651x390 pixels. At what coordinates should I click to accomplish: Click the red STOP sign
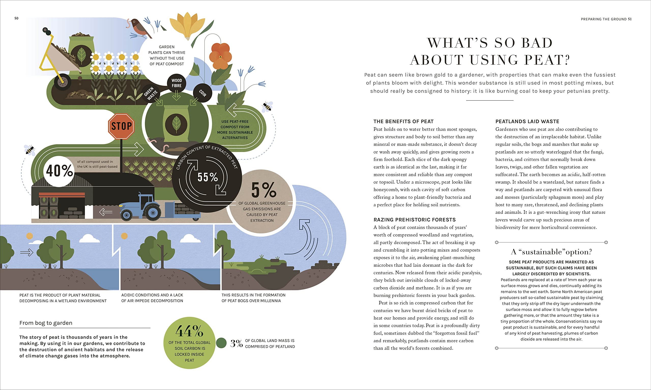121,127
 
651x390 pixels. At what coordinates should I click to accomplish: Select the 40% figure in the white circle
59,171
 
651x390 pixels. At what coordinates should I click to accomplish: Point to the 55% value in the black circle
208,177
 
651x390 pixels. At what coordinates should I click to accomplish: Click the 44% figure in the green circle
189,331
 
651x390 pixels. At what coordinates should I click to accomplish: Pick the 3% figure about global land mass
236,343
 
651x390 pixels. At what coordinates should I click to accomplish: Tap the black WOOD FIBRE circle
177,83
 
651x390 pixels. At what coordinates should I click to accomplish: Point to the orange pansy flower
220,56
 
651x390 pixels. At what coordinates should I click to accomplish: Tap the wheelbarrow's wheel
63,82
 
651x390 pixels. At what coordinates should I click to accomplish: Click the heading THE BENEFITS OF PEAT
404,121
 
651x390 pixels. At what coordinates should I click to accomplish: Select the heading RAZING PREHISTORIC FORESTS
415,220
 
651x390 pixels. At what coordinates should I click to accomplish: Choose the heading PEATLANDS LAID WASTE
527,121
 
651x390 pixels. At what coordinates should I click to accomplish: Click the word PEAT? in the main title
547,60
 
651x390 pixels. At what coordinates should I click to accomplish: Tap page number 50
16,18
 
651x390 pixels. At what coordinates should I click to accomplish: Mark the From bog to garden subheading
46,323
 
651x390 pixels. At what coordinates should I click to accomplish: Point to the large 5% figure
263,190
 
